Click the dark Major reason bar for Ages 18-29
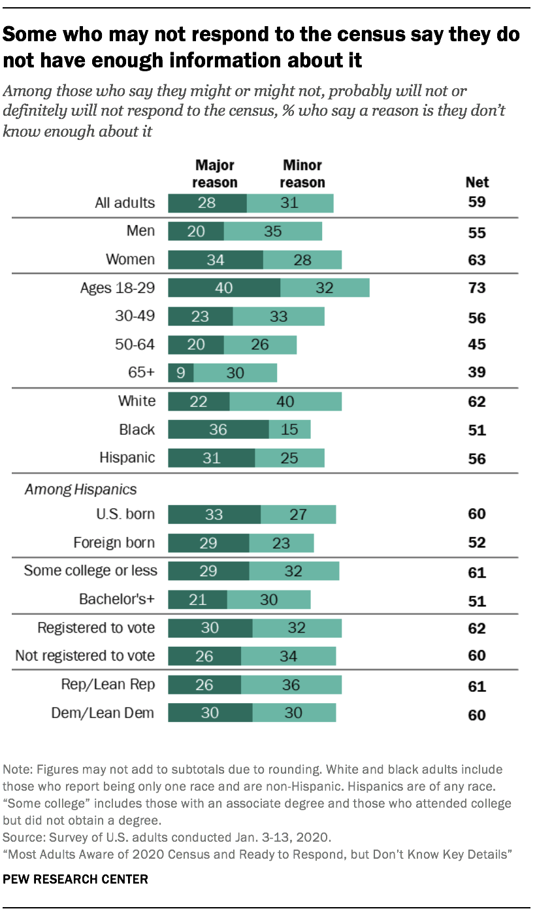point(224,288)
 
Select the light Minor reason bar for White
point(285,401)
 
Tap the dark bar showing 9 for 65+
point(180,372)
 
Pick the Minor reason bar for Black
point(289,429)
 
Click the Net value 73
point(477,288)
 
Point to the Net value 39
point(477,373)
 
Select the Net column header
point(477,182)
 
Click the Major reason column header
point(215,174)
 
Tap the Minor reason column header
point(302,174)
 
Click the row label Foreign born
point(115,542)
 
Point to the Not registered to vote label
point(85,655)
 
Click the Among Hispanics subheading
point(80,489)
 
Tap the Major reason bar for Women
point(216,260)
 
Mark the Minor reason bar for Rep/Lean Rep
point(291,684)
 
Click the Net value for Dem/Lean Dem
point(477,715)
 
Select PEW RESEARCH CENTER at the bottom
point(76,879)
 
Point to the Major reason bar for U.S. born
point(214,514)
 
